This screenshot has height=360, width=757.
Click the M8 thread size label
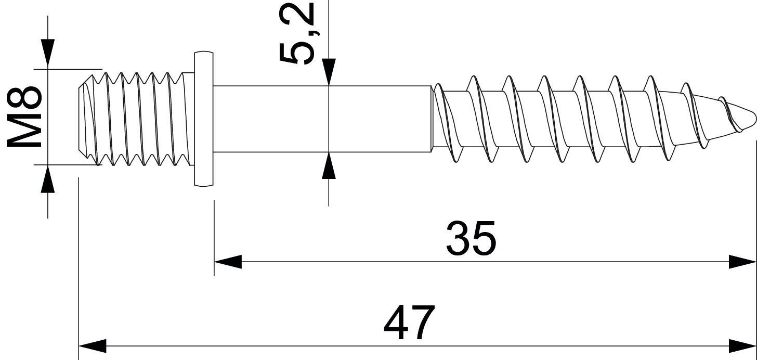click(x=24, y=117)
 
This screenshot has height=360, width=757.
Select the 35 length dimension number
click(x=471, y=239)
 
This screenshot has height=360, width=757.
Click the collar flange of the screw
click(x=204, y=118)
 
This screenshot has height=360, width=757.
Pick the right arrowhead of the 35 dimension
click(x=742, y=262)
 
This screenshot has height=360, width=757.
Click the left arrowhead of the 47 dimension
click(x=92, y=345)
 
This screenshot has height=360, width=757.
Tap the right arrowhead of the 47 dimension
click(x=742, y=345)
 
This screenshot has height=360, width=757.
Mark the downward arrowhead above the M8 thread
click(x=48, y=54)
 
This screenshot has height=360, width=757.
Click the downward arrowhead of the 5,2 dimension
click(x=329, y=72)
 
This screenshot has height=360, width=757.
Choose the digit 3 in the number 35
click(x=458, y=239)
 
